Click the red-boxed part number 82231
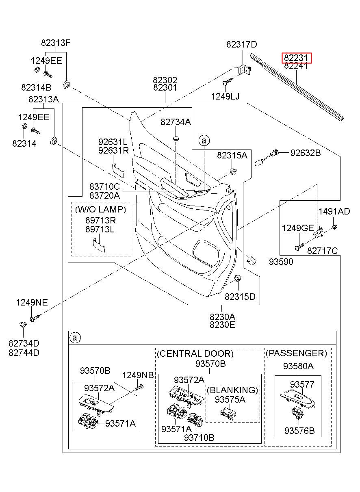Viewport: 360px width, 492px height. click(x=297, y=58)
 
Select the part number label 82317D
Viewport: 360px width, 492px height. click(x=242, y=45)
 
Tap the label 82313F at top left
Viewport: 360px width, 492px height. click(x=56, y=43)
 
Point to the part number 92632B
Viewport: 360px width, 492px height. click(x=306, y=153)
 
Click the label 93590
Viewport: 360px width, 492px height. click(x=281, y=262)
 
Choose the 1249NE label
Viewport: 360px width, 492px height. click(x=32, y=302)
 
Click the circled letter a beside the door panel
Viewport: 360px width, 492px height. click(x=204, y=141)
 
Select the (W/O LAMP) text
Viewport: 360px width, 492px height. click(x=101, y=210)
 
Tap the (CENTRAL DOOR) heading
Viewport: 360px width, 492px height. click(x=195, y=353)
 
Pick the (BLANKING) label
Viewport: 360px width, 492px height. click(x=232, y=390)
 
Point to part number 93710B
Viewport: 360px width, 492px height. click(x=199, y=438)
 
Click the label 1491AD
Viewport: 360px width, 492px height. click(x=334, y=211)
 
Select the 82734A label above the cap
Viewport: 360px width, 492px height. click(x=176, y=122)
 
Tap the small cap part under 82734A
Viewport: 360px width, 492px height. click(x=176, y=139)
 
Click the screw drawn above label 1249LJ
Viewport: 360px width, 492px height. click(x=226, y=82)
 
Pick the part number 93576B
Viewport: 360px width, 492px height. click(x=299, y=431)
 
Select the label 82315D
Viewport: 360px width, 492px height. click(x=240, y=297)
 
